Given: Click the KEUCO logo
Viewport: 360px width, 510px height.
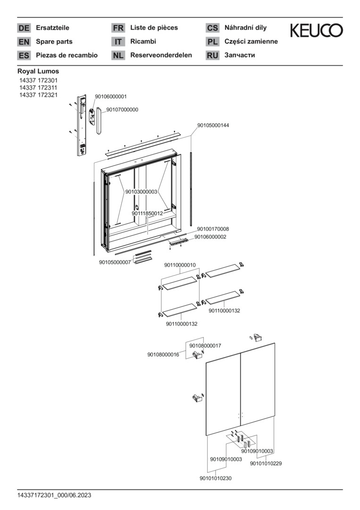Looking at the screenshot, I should (x=316, y=31).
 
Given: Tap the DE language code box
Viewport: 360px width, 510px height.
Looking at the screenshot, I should (x=24, y=28).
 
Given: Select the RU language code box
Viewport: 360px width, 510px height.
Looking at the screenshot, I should (x=212, y=55).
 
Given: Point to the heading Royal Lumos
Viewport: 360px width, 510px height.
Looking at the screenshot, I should (x=38, y=71).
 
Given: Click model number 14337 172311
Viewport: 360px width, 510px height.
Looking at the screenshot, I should (x=38, y=88).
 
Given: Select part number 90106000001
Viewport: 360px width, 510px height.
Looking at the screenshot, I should (x=111, y=96).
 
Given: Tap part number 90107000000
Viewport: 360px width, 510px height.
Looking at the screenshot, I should (x=122, y=110).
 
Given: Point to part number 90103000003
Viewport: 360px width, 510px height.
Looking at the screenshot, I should (x=142, y=192).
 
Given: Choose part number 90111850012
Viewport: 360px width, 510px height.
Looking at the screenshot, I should (x=147, y=213).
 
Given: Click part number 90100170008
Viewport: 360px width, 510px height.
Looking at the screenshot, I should (x=213, y=229).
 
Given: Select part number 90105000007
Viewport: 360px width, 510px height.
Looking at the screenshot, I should (x=115, y=262).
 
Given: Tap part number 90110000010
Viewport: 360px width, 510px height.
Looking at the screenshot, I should (x=180, y=265).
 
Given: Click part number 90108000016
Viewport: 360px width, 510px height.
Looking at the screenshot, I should (x=163, y=355).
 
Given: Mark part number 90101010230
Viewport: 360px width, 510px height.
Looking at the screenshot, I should (x=216, y=478).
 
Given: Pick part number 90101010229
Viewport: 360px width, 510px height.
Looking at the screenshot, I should (x=266, y=463).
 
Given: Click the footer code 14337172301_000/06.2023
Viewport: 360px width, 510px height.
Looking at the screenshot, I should (x=54, y=495).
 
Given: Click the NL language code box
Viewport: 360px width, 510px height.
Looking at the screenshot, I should (x=118, y=55).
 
